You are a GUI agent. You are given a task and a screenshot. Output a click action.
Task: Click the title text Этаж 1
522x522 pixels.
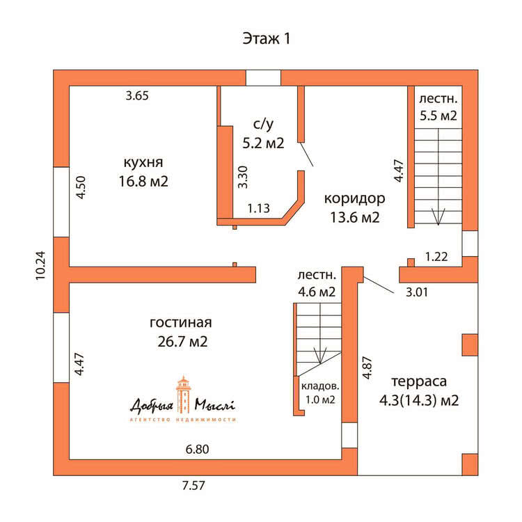(266, 38)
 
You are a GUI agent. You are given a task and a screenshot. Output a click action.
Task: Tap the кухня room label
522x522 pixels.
(143, 162)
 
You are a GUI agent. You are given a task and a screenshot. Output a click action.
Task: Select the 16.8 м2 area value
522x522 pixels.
(143, 182)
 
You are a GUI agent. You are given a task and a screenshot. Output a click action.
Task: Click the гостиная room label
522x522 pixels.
(181, 322)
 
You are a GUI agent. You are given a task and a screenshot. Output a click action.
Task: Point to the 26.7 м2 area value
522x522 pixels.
(182, 342)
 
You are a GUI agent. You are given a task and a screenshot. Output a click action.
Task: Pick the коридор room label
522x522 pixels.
(354, 199)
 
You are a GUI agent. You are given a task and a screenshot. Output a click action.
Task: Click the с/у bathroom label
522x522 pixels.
(263, 124)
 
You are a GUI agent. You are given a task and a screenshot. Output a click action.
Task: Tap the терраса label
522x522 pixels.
(419, 381)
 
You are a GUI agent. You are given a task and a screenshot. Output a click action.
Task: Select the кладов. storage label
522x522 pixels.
(320, 386)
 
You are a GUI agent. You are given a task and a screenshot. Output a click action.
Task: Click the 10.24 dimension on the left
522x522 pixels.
(40, 265)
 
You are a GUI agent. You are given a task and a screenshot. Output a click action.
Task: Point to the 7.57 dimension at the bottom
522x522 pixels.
(193, 485)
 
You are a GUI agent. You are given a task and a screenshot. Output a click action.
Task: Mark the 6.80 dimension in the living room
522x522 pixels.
(197, 449)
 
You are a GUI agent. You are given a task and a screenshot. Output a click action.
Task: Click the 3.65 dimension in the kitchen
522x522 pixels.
(137, 95)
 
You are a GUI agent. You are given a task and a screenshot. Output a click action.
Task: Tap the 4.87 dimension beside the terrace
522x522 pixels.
(367, 367)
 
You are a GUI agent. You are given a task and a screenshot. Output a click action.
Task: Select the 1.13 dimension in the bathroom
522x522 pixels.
(258, 208)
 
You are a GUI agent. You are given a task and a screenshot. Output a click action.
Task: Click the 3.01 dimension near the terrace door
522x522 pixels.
(416, 292)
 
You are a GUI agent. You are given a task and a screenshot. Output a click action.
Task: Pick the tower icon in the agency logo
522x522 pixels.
(184, 395)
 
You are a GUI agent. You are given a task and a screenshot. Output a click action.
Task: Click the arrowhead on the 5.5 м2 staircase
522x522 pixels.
(438, 216)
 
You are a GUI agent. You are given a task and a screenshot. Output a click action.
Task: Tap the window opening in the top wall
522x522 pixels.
(263, 78)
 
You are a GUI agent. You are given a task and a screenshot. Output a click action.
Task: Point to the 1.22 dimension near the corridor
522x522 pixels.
(436, 257)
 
